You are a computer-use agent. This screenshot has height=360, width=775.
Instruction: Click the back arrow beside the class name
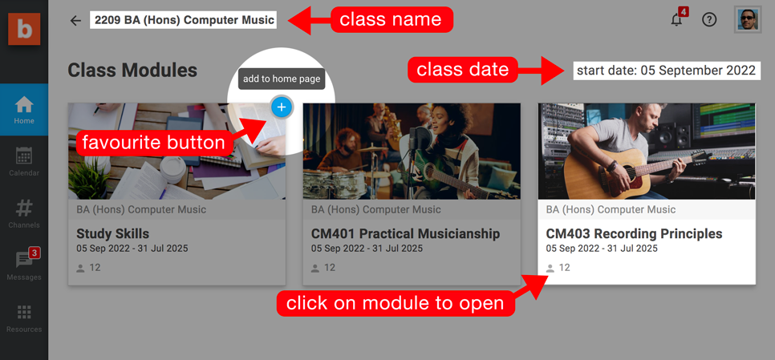click(x=75, y=20)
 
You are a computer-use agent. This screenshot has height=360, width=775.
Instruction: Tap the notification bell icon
click(x=676, y=20)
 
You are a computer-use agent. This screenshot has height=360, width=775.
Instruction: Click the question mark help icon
click(x=709, y=20)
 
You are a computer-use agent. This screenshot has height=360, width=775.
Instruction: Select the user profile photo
click(x=748, y=20)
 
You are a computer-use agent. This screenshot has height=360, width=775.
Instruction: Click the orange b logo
click(x=24, y=29)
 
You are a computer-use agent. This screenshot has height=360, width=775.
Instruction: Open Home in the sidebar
click(x=24, y=110)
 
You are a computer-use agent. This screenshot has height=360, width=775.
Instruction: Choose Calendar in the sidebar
click(x=24, y=161)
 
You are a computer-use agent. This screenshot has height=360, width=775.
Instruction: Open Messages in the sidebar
click(x=24, y=265)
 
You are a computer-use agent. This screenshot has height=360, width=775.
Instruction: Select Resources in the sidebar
click(x=24, y=318)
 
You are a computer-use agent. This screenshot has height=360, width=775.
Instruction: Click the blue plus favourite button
click(x=282, y=107)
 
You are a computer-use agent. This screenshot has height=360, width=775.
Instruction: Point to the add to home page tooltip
click(x=282, y=79)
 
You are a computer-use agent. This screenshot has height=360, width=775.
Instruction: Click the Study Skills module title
click(x=112, y=233)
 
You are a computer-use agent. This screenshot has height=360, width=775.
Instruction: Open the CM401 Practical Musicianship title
click(x=405, y=233)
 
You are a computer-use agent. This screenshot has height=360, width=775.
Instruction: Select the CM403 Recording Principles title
click(x=634, y=233)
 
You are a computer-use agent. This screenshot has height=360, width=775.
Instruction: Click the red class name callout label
click(x=392, y=20)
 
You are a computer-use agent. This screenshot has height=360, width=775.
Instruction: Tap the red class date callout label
click(x=463, y=70)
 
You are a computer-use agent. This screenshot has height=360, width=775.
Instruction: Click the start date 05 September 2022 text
click(x=666, y=70)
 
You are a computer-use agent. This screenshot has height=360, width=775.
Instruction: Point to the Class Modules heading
click(x=132, y=71)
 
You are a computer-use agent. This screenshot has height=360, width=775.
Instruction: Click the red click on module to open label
click(x=396, y=303)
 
